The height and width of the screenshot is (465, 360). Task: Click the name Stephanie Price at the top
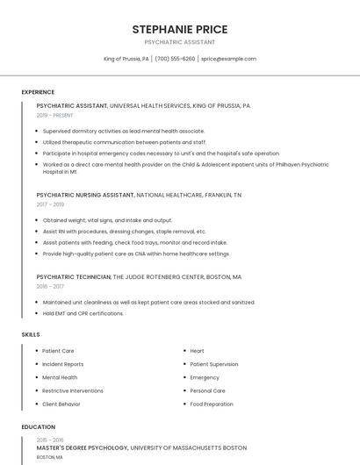click(x=179, y=29)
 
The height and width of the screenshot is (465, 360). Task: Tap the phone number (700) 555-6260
click(x=175, y=59)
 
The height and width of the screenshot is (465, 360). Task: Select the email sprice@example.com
click(x=228, y=59)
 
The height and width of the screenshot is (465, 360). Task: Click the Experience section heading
click(x=38, y=92)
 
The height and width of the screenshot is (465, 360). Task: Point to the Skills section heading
click(x=31, y=334)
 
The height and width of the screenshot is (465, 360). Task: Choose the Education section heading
click(x=38, y=427)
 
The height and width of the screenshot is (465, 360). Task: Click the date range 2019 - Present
click(x=54, y=115)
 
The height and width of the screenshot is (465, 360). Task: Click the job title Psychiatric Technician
click(x=74, y=276)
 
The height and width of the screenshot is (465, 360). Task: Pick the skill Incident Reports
click(x=63, y=364)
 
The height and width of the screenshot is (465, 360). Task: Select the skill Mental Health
click(x=60, y=377)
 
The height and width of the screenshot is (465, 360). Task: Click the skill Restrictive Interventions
click(x=73, y=390)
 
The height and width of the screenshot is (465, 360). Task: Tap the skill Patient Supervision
click(x=213, y=364)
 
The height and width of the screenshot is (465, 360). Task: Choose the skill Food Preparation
click(x=212, y=404)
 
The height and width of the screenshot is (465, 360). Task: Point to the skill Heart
click(x=197, y=351)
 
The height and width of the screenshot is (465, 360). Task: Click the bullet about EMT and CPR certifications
click(x=83, y=313)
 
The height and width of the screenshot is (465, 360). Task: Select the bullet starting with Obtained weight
click(x=107, y=220)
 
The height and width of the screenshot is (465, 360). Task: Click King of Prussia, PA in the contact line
click(x=126, y=59)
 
